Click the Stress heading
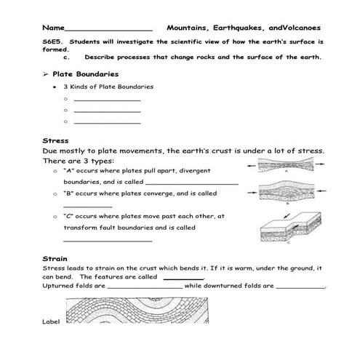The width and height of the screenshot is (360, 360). (x=55, y=140)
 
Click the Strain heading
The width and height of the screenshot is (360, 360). (x=55, y=258)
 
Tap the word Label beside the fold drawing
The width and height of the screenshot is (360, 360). (x=51, y=321)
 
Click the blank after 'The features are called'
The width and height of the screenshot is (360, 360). (x=183, y=277)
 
